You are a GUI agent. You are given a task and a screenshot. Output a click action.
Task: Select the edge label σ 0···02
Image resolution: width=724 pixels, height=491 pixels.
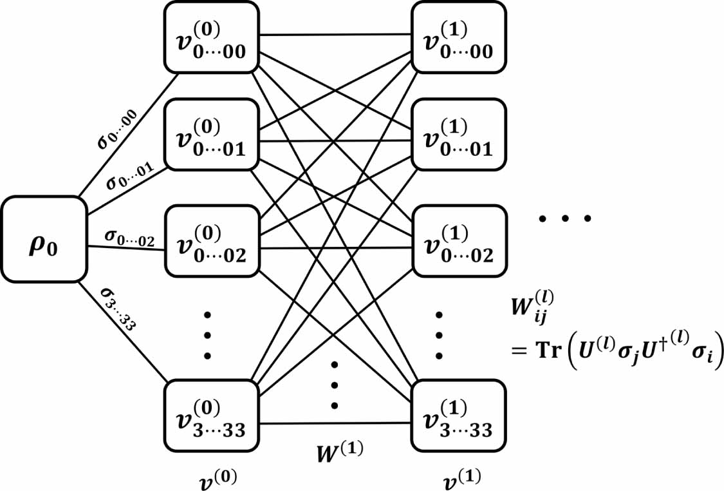129,240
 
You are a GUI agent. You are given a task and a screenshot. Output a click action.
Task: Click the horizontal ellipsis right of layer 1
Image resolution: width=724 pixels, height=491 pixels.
564,219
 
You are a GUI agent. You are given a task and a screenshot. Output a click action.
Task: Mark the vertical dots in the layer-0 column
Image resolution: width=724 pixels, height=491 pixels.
207,335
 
